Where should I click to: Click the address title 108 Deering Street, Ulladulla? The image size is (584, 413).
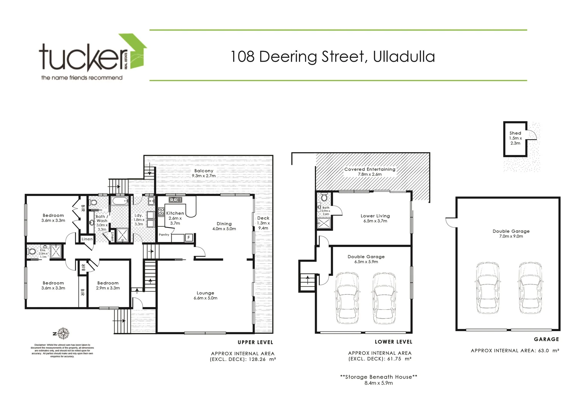(x=333, y=57)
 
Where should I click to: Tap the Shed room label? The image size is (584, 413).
(x=515, y=138)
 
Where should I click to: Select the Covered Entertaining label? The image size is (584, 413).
(x=370, y=172)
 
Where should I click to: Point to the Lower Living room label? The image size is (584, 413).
(x=375, y=218)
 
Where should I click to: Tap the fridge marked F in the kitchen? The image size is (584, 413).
(x=188, y=238)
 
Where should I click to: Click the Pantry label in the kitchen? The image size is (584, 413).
(x=164, y=235)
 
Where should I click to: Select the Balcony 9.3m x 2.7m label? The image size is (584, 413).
(x=204, y=173)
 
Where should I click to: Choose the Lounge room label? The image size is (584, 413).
(x=205, y=296)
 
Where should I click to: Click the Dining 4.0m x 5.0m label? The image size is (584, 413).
(x=224, y=226)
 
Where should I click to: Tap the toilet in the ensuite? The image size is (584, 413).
(x=31, y=252)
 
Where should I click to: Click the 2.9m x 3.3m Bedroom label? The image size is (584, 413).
(x=108, y=286)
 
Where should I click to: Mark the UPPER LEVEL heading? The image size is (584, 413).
(x=255, y=342)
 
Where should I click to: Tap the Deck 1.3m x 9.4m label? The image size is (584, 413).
(x=263, y=223)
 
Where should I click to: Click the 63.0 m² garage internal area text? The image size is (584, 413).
(x=514, y=350)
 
